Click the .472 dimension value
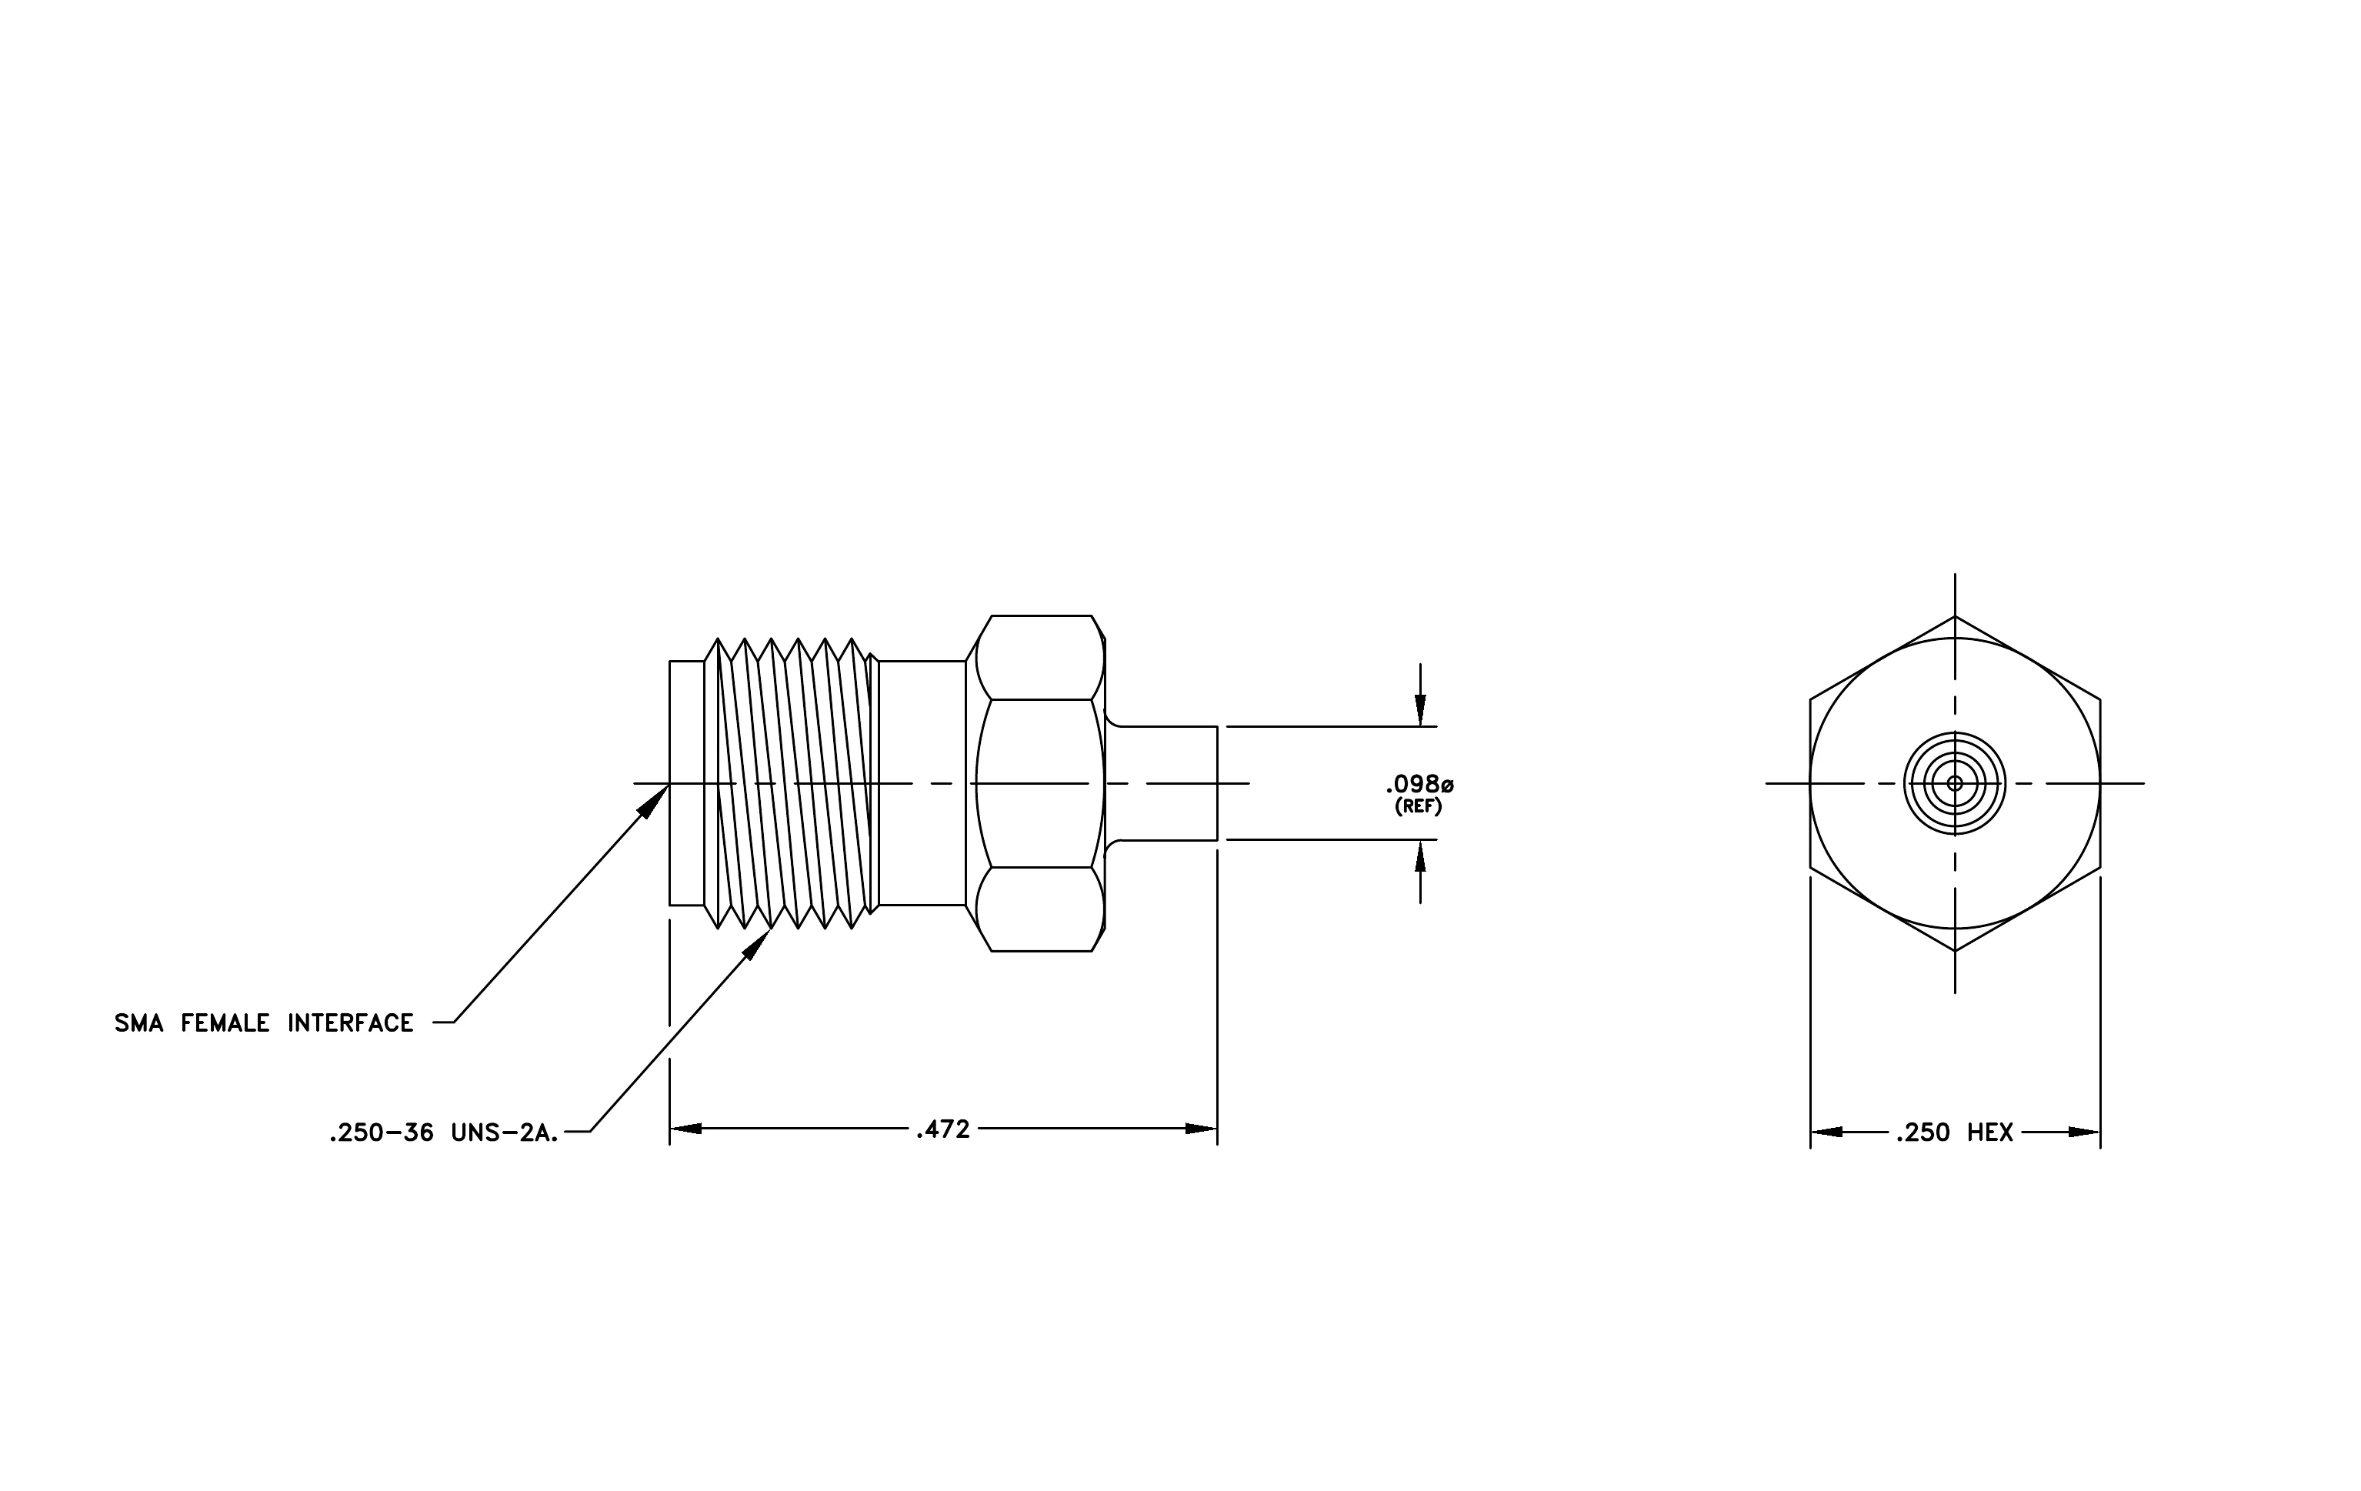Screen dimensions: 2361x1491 point(942,1129)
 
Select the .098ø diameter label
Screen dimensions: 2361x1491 point(1419,784)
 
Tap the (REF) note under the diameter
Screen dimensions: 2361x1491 point(1418,808)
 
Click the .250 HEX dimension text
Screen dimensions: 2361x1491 point(1954,1133)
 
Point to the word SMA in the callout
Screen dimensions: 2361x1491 point(139,1023)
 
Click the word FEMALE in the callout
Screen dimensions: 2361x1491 point(225,1023)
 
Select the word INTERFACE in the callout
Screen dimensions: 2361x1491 point(350,1023)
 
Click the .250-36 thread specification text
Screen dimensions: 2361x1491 point(382,1134)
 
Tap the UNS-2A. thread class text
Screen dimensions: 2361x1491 point(505,1134)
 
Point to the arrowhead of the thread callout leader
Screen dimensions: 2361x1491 point(758,944)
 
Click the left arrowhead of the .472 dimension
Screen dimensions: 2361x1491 point(685,1129)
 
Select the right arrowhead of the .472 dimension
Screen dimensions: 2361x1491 point(1201,1129)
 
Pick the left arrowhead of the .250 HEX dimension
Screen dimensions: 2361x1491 point(1826,1132)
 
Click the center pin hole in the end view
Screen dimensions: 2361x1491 point(1955,783)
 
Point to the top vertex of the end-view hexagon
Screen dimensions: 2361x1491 point(1955,615)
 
